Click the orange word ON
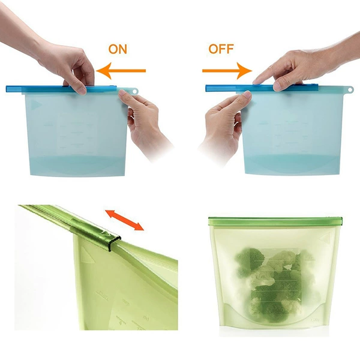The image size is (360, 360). click(x=118, y=49)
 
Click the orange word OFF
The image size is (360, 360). click(x=221, y=49)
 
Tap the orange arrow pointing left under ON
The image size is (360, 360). click(x=121, y=71)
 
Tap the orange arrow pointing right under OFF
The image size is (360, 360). click(x=227, y=71)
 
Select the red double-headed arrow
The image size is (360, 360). click(x=124, y=220)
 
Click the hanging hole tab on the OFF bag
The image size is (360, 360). click(x=350, y=89)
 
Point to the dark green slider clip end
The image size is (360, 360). click(x=115, y=243)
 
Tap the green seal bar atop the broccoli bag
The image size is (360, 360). click(x=275, y=221)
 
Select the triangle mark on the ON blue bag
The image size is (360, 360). click(x=36, y=105)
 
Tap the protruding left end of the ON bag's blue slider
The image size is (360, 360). click(x=14, y=89)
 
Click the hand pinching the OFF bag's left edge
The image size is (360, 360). click(x=224, y=124)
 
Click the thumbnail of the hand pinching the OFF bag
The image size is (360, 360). click(x=247, y=94)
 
